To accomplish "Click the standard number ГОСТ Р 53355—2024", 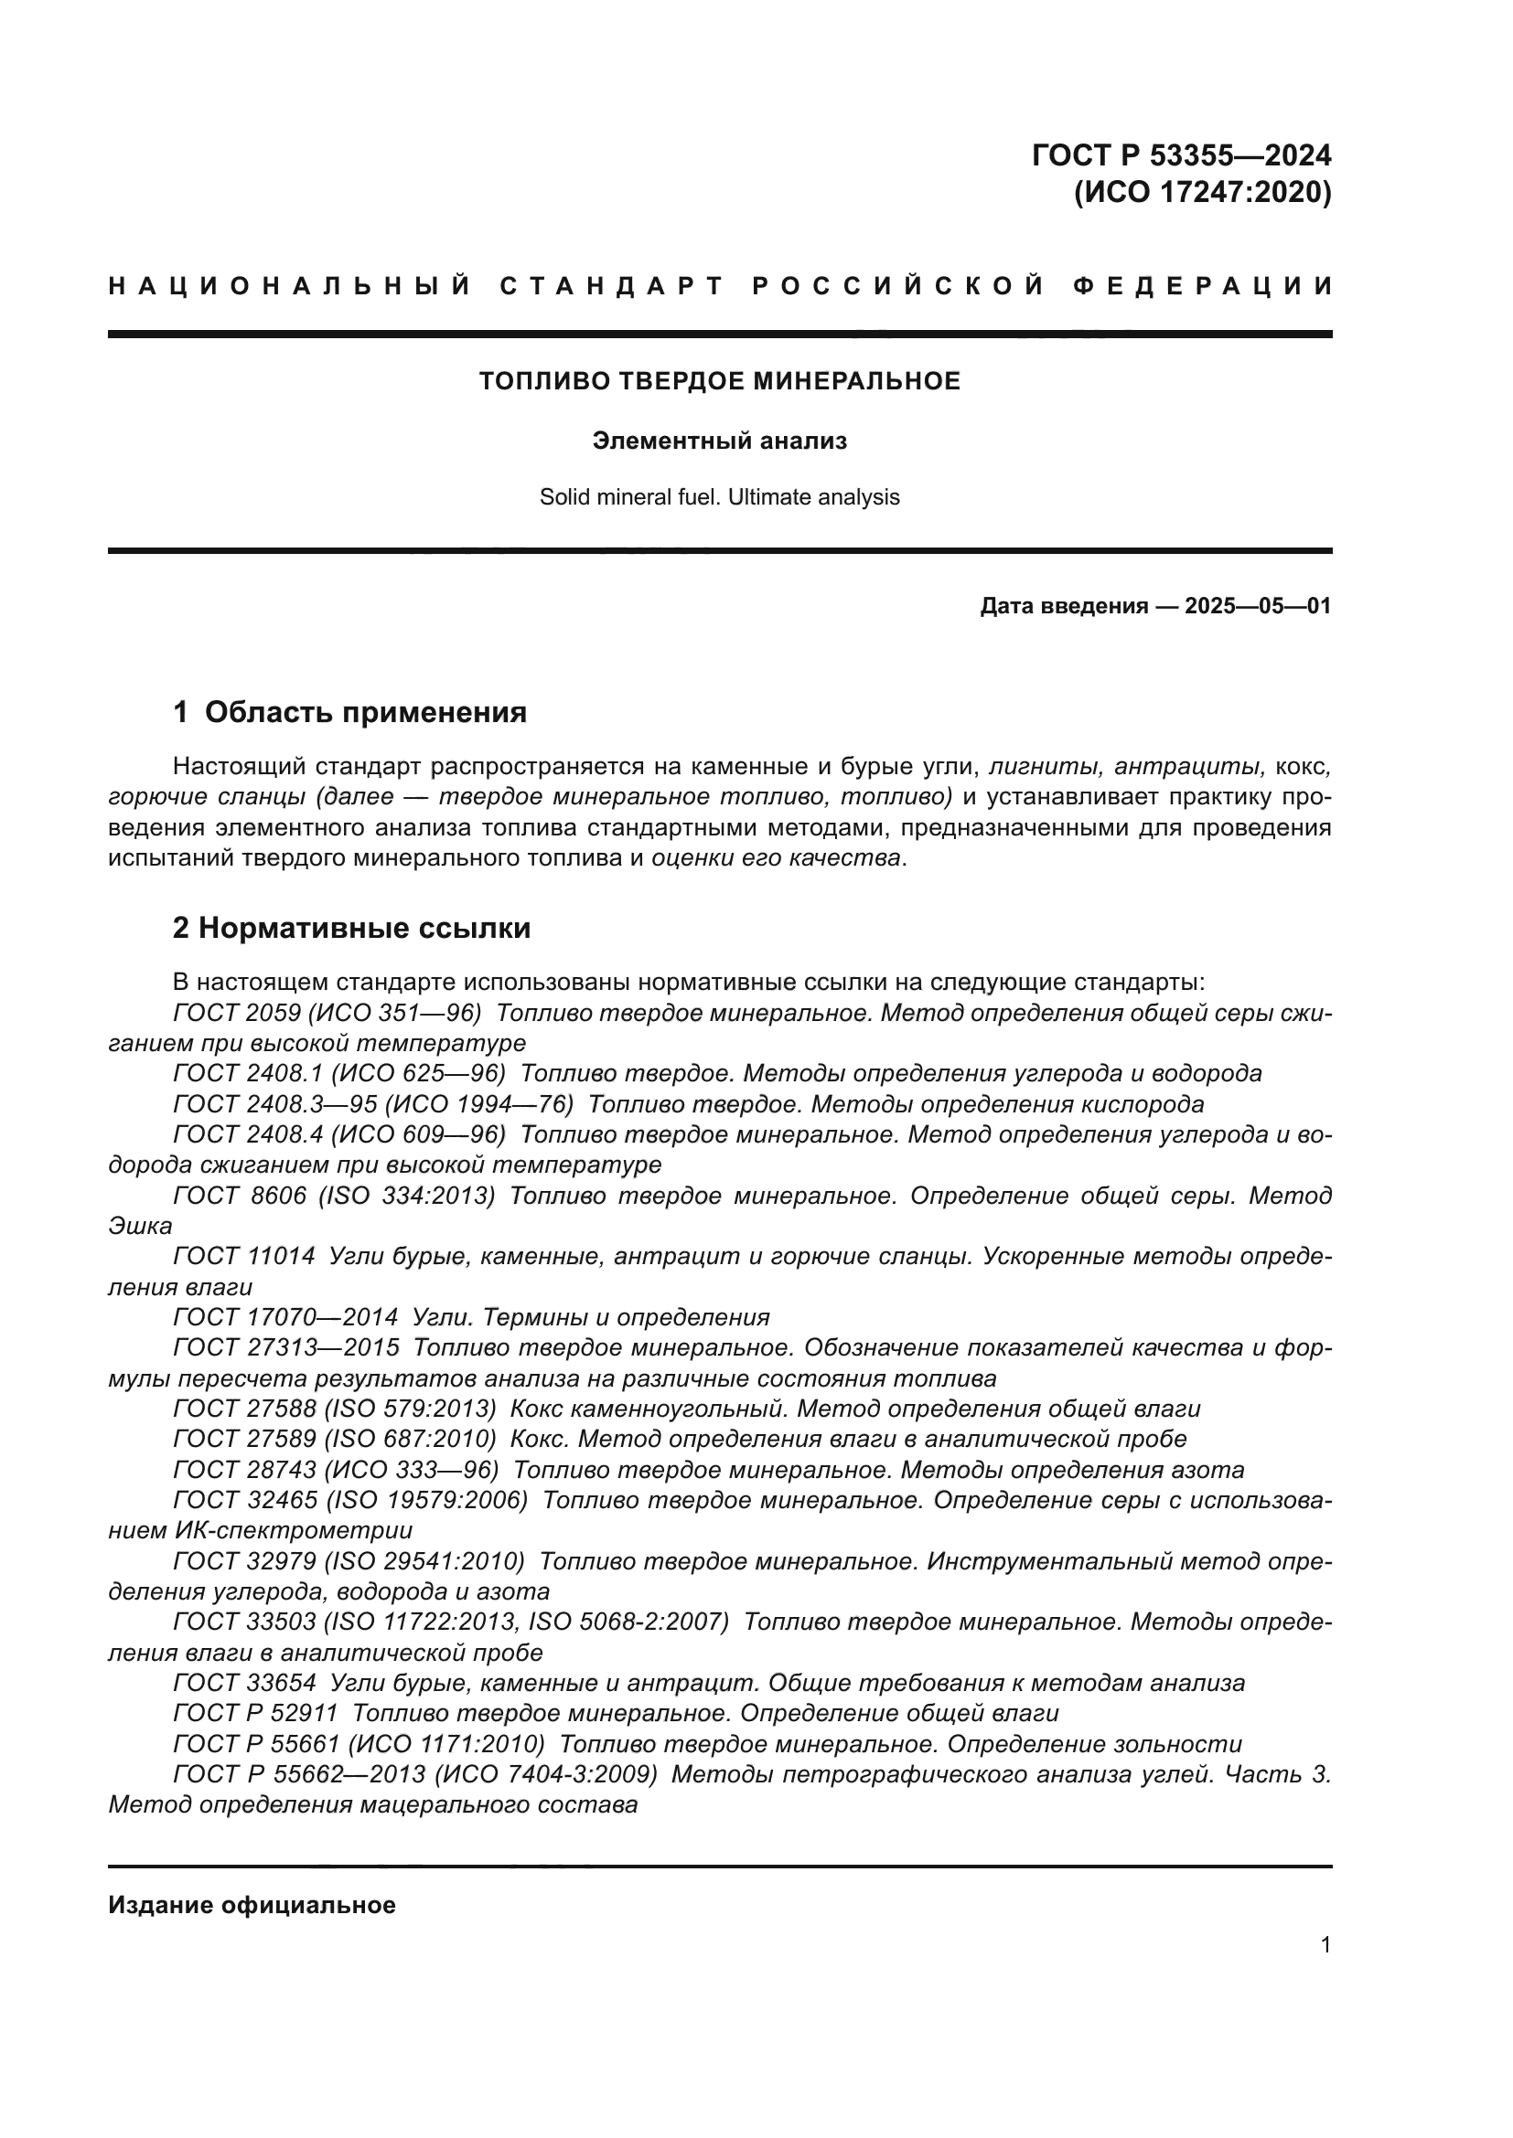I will pos(1180,154).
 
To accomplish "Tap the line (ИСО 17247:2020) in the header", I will pos(1202,193).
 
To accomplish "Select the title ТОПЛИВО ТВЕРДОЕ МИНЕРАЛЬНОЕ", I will pos(719,381).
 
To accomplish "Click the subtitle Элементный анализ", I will pos(719,441).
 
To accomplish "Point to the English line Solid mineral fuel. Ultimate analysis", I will pos(719,497).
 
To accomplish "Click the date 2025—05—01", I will pos(1257,607).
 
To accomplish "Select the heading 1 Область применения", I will pos(349,712).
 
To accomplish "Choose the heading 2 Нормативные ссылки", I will pos(351,929).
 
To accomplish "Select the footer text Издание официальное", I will pos(252,1905).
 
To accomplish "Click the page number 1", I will pos(1325,1945).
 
